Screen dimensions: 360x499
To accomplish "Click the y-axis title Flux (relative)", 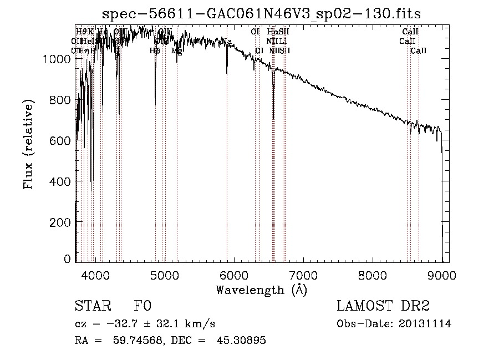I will (x=28, y=145).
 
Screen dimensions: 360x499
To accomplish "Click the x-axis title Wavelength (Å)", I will (x=261, y=290).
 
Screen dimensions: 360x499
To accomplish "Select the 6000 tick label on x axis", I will (x=234, y=275).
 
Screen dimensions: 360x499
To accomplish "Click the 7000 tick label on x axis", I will (x=303, y=275).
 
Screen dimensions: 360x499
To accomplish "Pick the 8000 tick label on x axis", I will (x=373, y=275).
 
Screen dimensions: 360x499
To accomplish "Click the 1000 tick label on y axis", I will (x=56, y=59).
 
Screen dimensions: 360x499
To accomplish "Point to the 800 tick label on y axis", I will (x=59, y=100).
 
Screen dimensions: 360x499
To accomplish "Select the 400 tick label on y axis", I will (x=59, y=181).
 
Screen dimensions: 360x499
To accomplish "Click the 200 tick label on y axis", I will (x=59, y=222).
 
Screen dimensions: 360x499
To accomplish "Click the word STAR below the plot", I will (x=92, y=307).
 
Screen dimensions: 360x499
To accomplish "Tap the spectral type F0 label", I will (x=142, y=307).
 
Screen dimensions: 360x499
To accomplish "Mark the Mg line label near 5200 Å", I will (x=176, y=51).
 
